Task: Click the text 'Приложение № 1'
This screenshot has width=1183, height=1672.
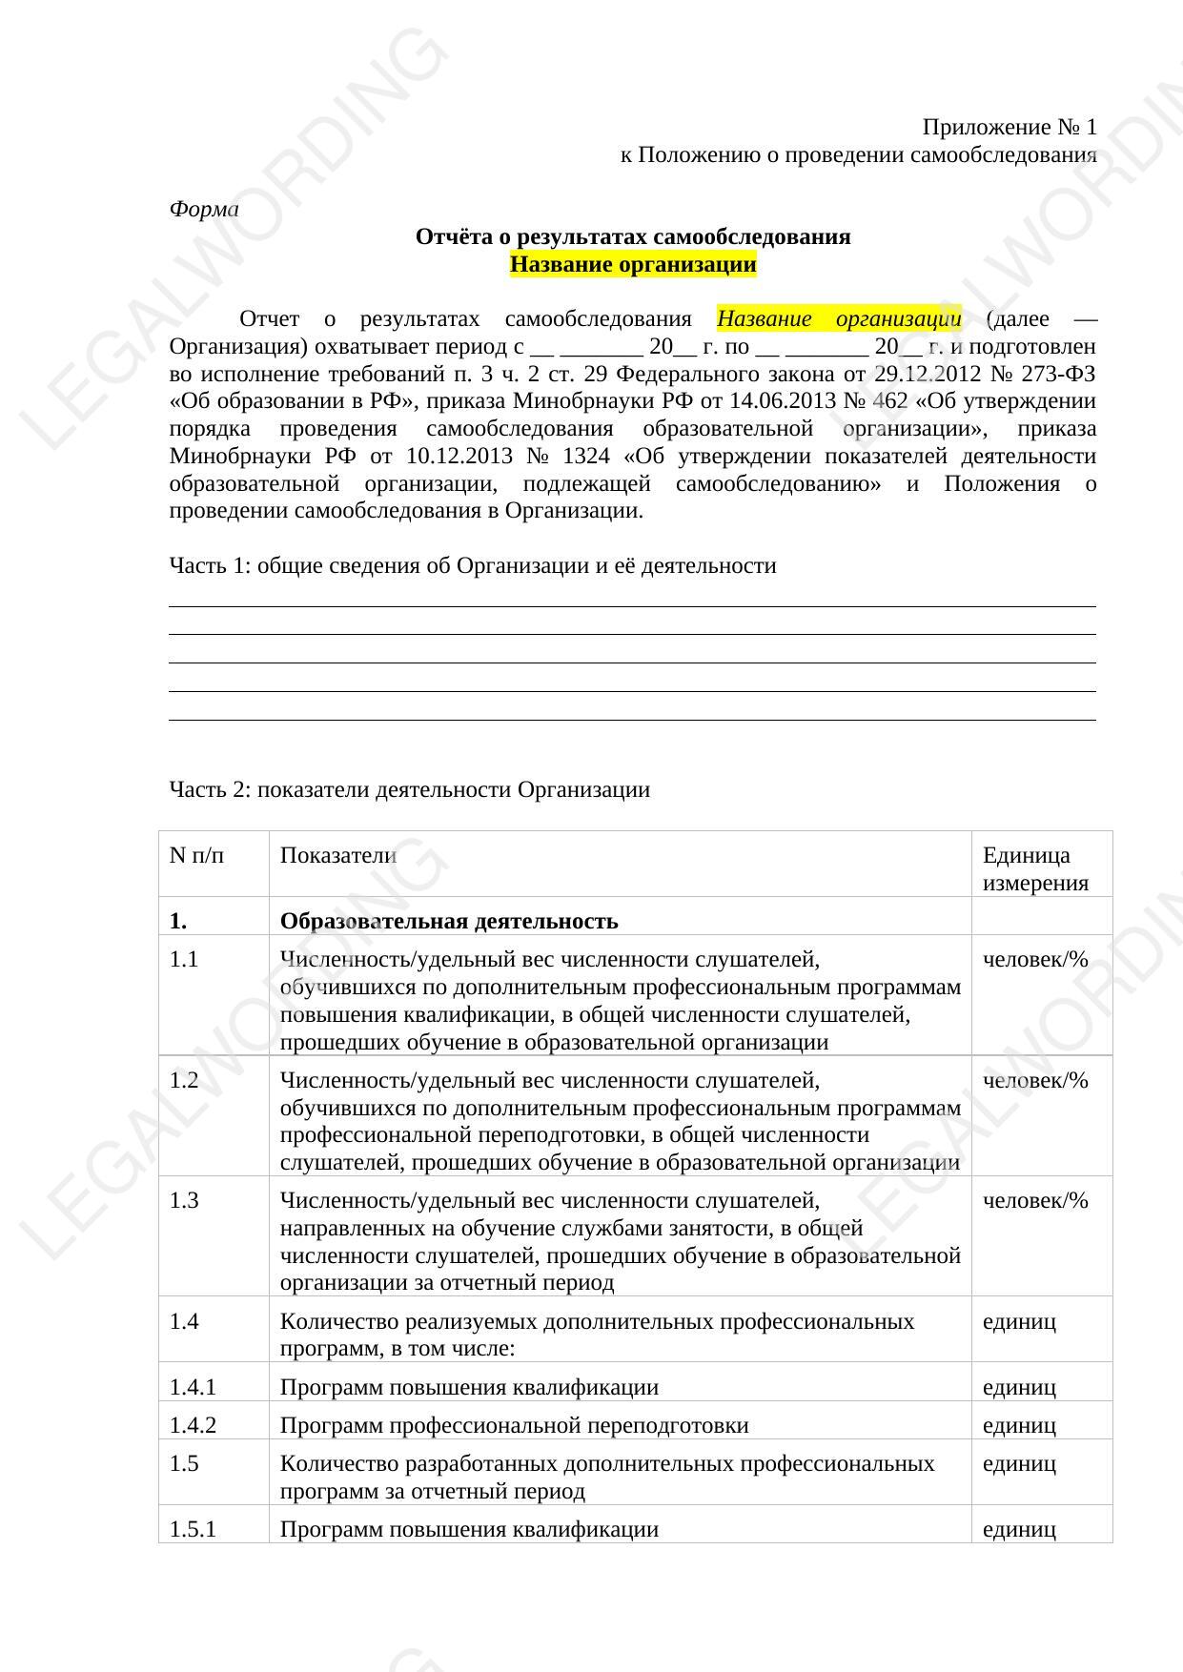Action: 1010,127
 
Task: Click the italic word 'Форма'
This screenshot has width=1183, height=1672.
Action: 203,209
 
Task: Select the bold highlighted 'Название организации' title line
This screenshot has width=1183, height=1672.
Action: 633,264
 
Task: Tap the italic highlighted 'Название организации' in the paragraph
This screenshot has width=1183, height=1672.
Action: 839,318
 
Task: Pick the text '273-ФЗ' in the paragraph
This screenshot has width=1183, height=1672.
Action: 1058,374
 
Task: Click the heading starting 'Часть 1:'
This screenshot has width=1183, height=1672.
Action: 472,566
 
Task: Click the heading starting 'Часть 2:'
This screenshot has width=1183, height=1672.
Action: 409,789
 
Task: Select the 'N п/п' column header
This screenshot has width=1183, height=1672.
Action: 197,855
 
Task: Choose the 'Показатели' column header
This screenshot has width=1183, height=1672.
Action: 337,855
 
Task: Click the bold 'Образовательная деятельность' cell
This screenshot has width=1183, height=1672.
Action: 449,921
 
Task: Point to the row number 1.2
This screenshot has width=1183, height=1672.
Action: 184,1080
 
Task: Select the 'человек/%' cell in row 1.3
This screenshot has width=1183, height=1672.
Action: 1035,1200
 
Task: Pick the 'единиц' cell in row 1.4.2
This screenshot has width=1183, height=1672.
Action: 1019,1425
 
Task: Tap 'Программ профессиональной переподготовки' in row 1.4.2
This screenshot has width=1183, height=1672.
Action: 514,1425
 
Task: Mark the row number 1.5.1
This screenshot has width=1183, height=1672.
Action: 193,1529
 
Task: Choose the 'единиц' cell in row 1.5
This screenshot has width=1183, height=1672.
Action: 1019,1463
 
